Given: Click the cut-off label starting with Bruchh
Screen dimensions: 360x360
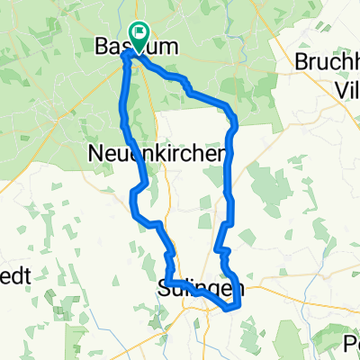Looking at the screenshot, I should (x=328, y=64).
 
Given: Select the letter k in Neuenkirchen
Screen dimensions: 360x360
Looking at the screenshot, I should (x=169, y=155).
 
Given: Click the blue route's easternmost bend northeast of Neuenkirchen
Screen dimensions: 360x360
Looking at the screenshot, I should (x=236, y=120).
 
